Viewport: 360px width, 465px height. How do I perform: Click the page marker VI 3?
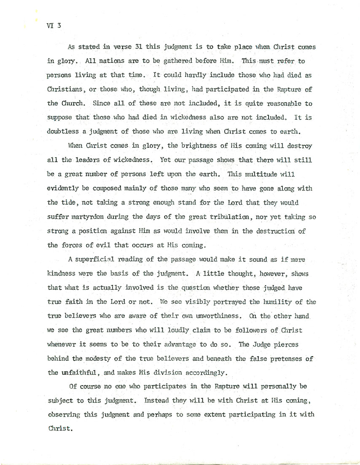pos(54,26)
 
